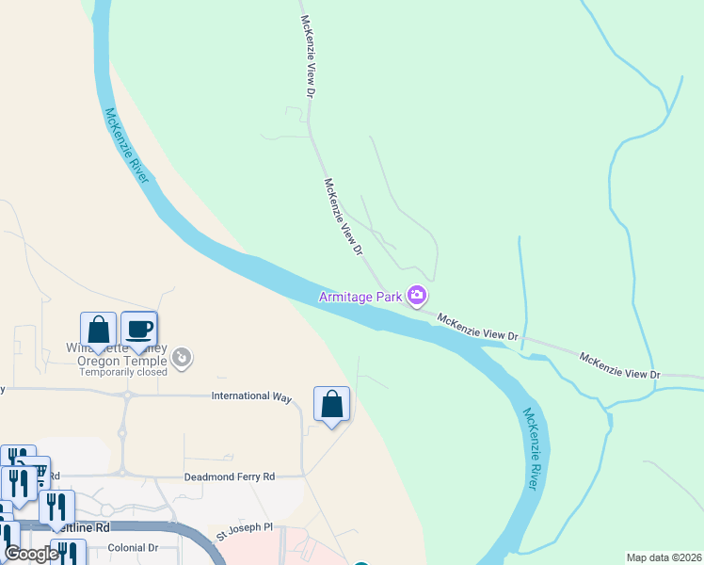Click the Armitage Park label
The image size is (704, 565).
click(x=360, y=297)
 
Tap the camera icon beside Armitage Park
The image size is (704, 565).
click(x=416, y=297)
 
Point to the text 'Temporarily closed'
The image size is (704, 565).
click(x=122, y=372)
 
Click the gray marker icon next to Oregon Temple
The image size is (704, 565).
click(x=183, y=357)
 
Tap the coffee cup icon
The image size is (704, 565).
click(x=139, y=330)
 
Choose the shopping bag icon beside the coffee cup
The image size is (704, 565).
click(x=98, y=330)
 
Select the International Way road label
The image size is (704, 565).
click(x=252, y=396)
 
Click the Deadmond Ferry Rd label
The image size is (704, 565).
click(x=229, y=477)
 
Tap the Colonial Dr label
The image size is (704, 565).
click(x=133, y=547)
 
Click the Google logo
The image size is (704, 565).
click(x=31, y=554)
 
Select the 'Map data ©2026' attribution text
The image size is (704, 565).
click(x=664, y=557)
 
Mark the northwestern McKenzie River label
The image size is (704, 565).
click(x=127, y=146)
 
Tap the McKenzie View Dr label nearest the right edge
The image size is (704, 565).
click(x=619, y=366)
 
